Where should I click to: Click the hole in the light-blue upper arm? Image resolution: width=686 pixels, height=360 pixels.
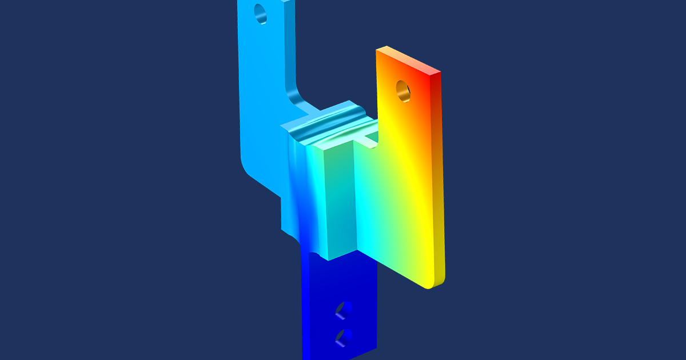[260, 13]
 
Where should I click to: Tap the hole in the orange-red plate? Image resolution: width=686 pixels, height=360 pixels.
[402, 90]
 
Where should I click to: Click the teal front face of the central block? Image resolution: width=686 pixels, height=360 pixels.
[337, 200]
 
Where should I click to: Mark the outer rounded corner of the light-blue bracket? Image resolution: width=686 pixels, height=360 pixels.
[247, 166]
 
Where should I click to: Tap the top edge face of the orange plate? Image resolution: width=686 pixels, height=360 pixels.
[407, 60]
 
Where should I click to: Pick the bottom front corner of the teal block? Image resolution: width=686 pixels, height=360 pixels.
[328, 258]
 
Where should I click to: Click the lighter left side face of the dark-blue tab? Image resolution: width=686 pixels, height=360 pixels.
[305, 309]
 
